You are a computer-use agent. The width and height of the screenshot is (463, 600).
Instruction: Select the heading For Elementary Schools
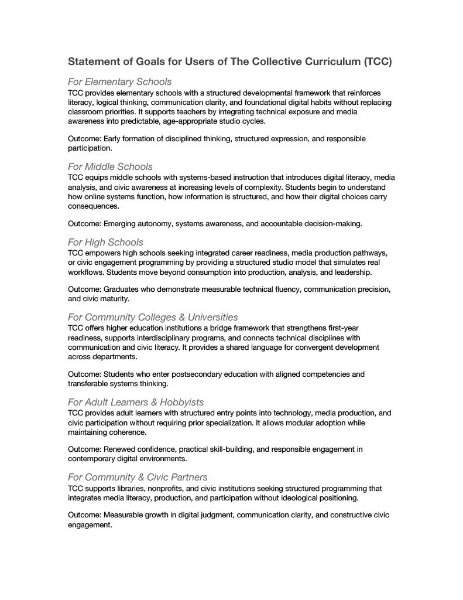click(x=119, y=81)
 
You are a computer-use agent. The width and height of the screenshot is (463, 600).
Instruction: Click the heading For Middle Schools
click(x=110, y=166)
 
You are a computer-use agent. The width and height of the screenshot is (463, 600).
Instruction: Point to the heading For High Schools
click(x=105, y=242)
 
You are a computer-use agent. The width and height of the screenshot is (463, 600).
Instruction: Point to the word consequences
click(x=94, y=206)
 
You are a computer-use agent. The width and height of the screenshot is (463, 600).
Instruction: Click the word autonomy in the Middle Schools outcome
click(x=155, y=223)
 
